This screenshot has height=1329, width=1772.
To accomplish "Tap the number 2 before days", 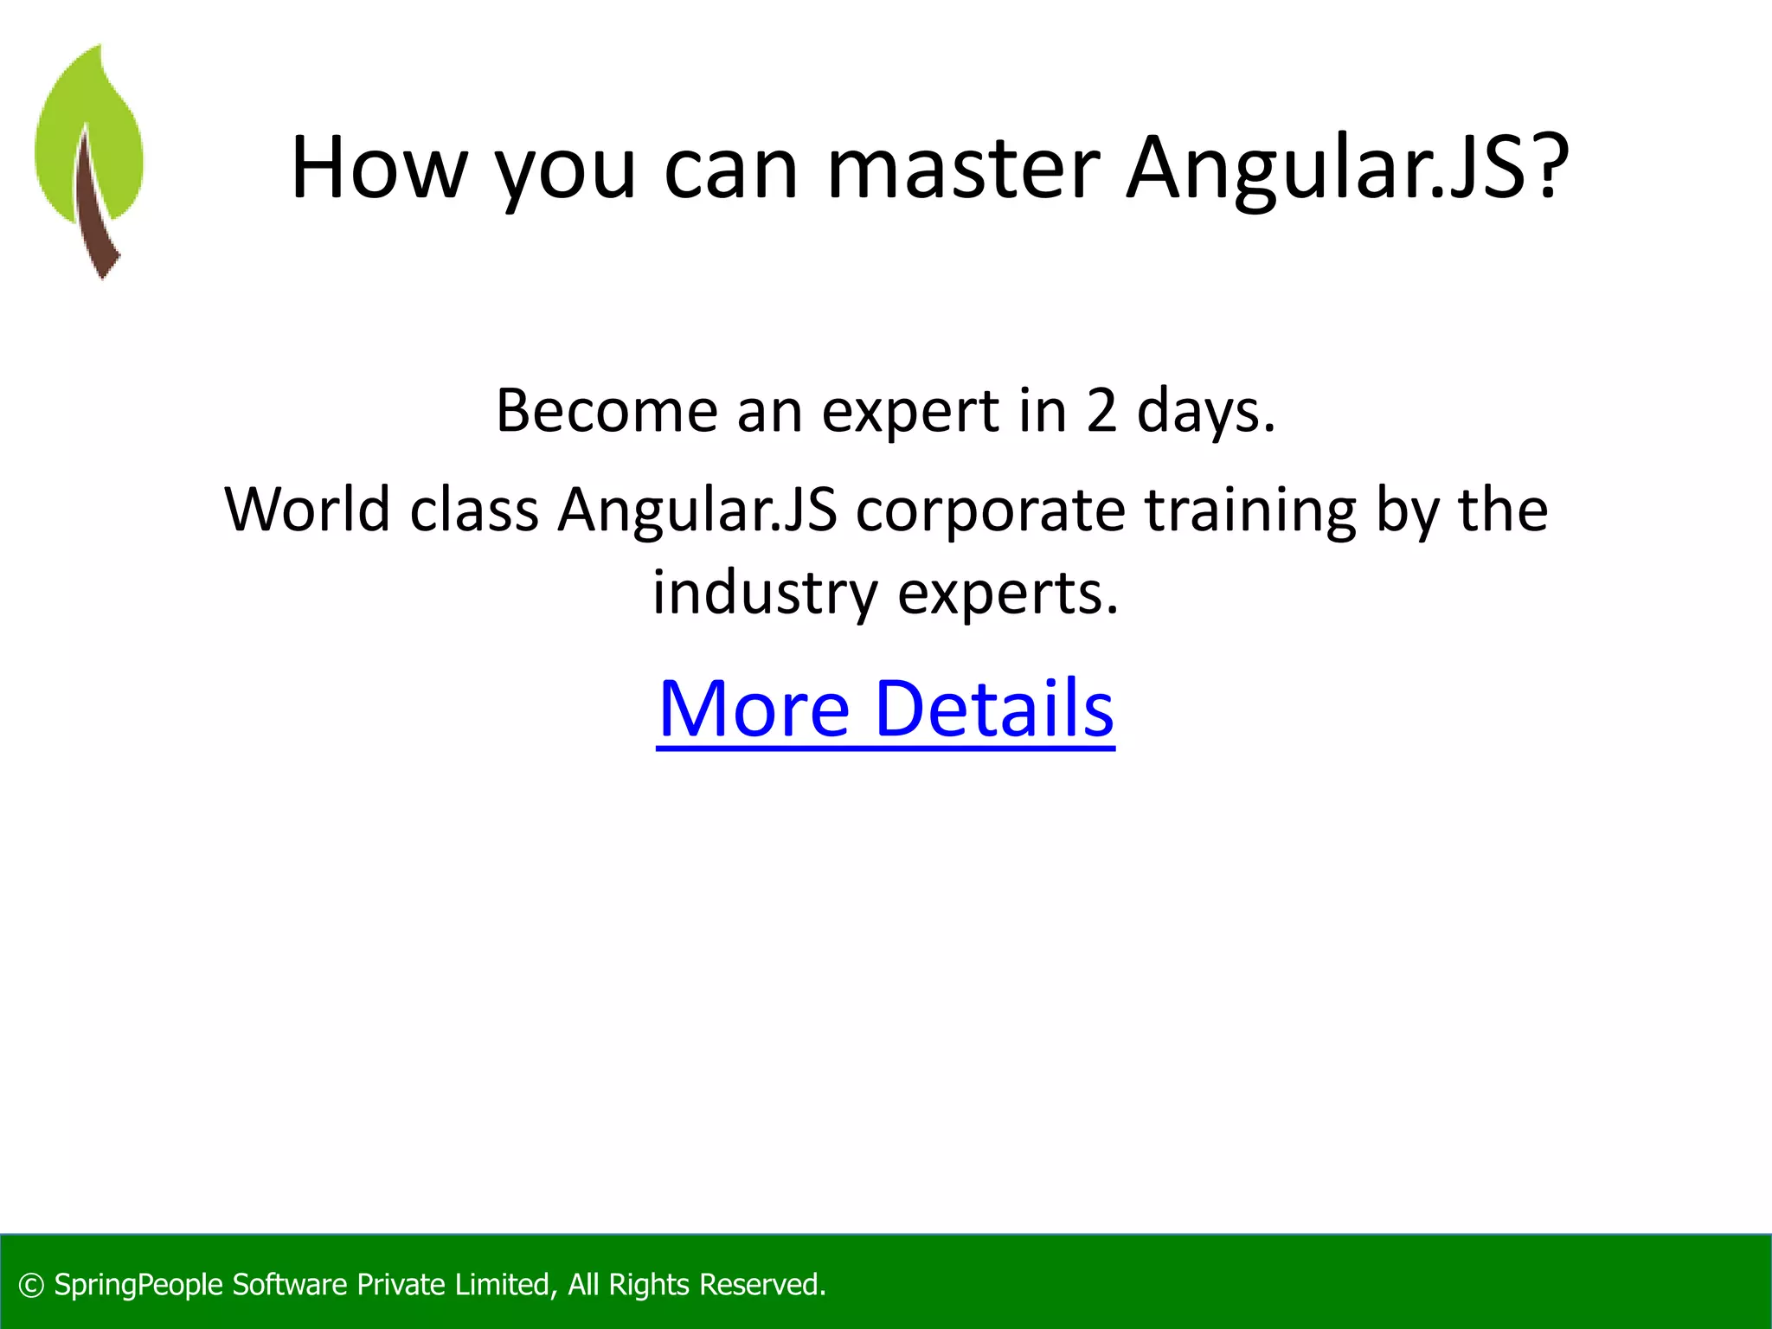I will pos(1101,410).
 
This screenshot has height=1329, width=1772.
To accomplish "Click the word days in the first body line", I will pos(1204,412).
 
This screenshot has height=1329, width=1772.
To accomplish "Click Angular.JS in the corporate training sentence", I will pos(697,510).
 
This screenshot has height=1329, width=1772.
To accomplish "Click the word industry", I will pos(765,594).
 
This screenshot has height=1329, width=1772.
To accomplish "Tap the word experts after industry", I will pos(1008,595).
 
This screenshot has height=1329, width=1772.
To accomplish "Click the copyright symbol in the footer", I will pos(31,1285).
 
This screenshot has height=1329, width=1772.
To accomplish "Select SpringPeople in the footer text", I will pos(138,1285).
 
